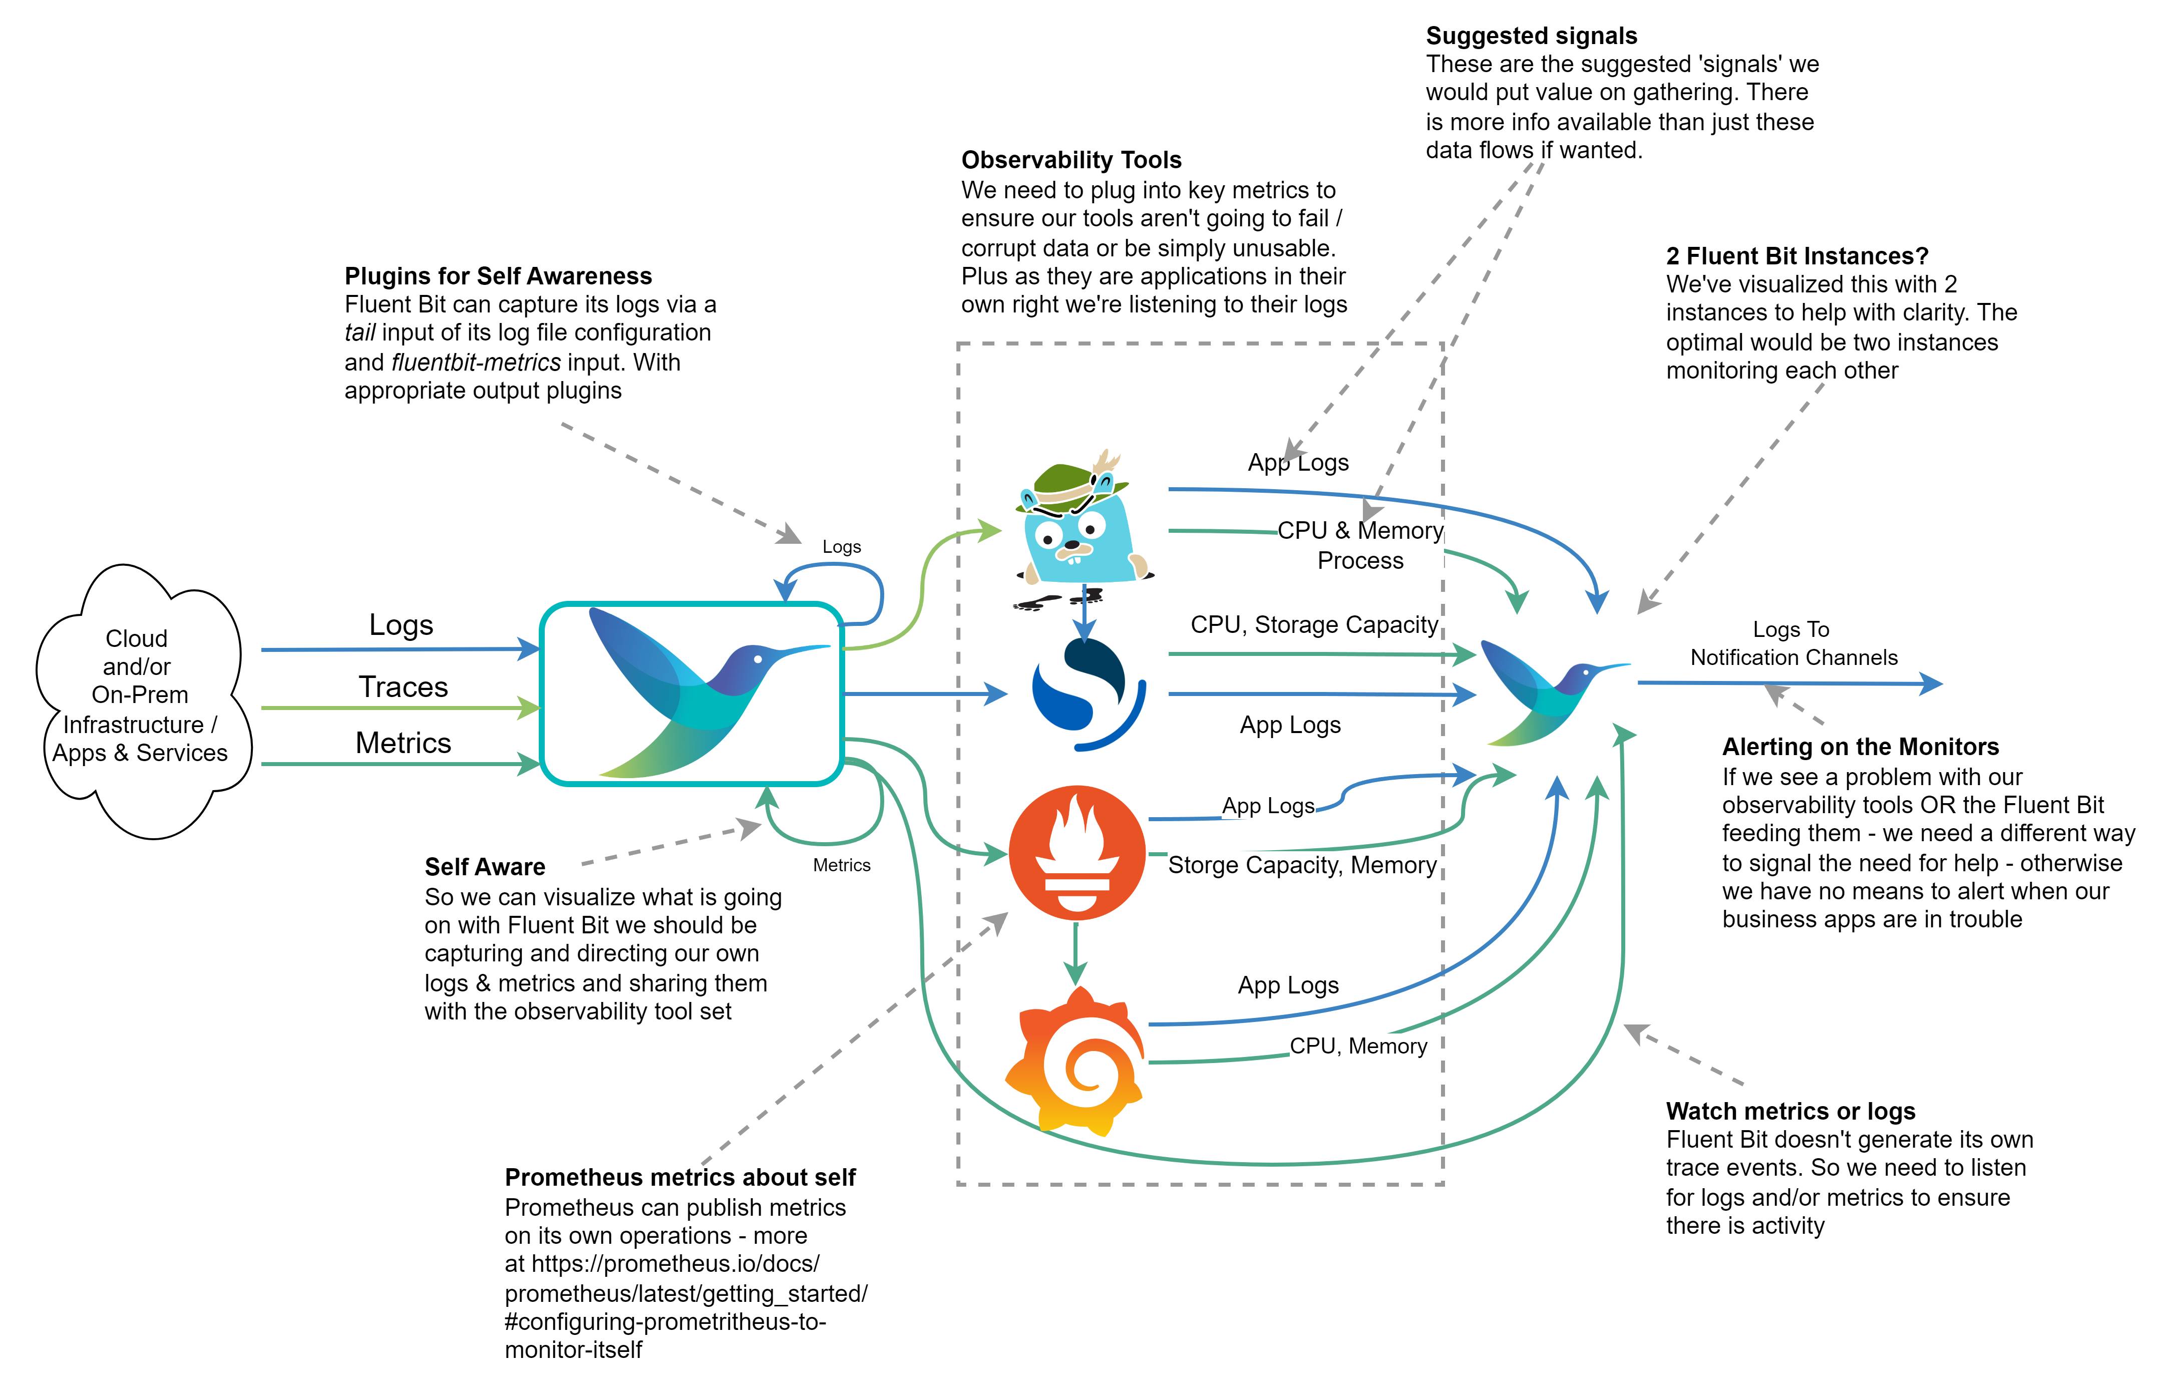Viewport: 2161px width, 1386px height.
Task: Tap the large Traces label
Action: [x=403, y=686]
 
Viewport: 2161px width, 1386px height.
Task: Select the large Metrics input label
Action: [x=403, y=743]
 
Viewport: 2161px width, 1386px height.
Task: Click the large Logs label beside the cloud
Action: [x=401, y=624]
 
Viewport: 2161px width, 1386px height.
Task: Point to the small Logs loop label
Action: [x=841, y=546]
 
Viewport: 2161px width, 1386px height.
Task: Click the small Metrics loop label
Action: [x=841, y=865]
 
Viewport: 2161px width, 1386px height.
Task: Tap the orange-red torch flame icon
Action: [x=1077, y=852]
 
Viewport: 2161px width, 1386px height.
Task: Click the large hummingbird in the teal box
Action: [x=702, y=693]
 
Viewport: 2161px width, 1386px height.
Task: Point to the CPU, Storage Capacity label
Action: [x=1313, y=624]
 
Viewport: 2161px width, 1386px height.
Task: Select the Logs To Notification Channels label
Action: [x=1791, y=643]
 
